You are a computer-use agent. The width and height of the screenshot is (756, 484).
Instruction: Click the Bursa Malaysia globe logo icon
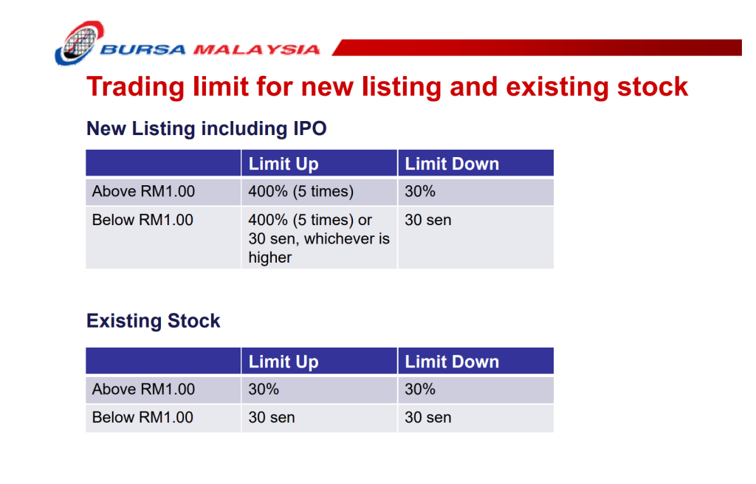78,42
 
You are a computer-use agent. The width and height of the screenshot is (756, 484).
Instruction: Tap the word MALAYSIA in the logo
256,49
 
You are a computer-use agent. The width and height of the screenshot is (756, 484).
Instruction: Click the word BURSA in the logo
142,49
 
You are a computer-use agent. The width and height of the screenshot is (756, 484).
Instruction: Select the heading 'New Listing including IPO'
207,128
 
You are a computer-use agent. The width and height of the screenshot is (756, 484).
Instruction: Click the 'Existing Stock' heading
154,321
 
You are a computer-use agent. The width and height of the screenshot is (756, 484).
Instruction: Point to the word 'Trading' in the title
136,87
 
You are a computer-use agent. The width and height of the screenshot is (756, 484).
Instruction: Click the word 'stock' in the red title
653,87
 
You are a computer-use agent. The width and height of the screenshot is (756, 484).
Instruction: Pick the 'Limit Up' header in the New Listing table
283,164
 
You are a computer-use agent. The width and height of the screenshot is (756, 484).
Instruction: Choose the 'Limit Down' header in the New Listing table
452,164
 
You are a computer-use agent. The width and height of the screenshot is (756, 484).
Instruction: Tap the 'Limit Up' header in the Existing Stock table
283,362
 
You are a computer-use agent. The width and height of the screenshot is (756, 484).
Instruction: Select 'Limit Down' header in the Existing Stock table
452,362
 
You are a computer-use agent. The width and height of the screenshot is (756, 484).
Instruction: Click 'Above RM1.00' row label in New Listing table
143,191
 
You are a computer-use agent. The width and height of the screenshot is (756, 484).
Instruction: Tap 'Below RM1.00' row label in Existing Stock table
142,418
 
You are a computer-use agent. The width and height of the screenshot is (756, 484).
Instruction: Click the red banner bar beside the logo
537,47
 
